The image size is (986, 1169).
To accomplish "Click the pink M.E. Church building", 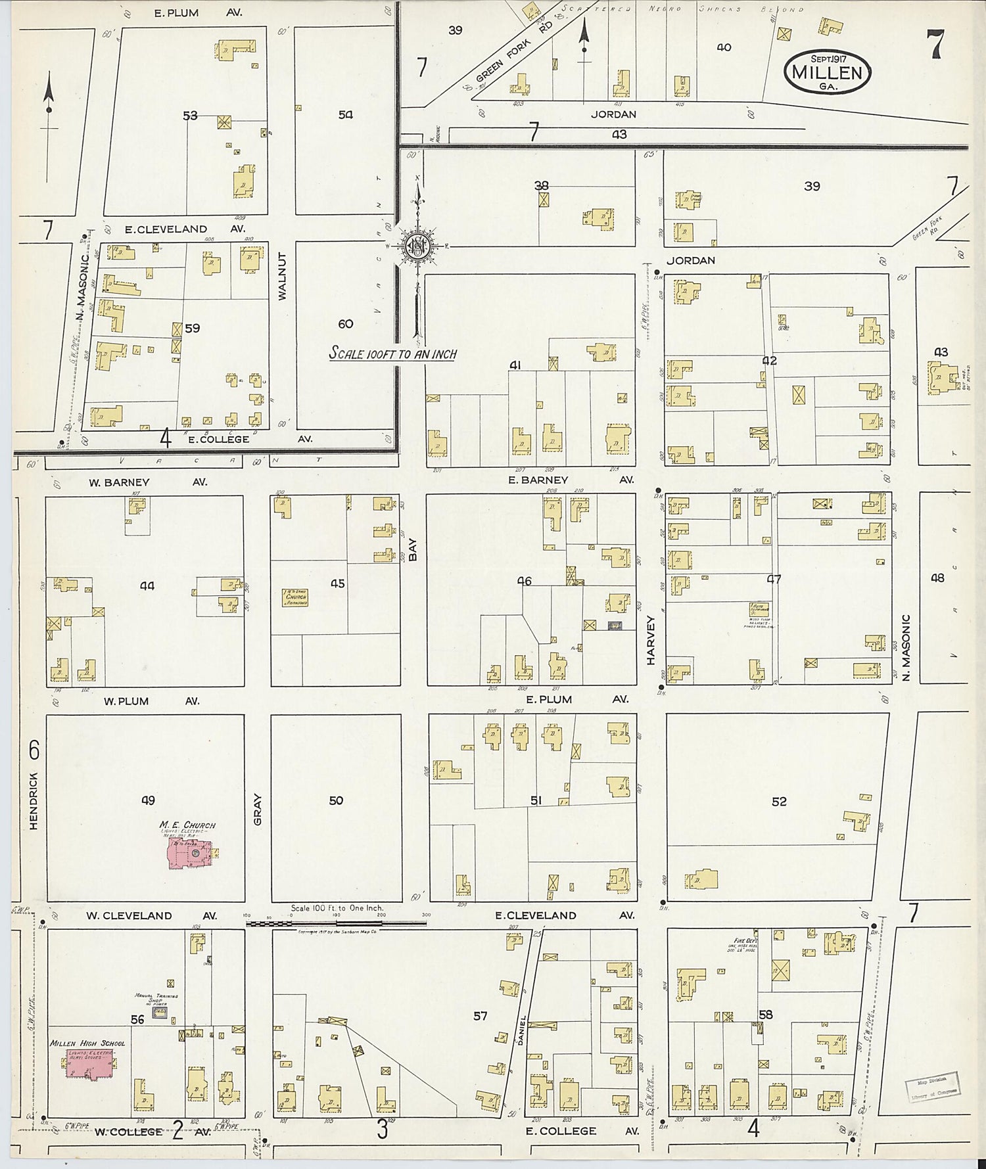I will [191, 852].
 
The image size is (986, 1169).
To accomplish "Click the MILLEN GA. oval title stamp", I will [827, 71].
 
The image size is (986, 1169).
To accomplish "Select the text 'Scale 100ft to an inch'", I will [392, 354].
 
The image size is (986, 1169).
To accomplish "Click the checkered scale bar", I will [336, 923].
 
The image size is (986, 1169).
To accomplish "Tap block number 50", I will [336, 800].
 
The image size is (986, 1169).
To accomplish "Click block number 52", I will [779, 802].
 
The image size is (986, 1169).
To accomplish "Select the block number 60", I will [346, 323].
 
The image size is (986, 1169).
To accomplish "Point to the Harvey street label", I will [651, 639].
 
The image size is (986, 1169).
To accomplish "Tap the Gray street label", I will [257, 810].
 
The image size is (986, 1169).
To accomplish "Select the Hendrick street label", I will [34, 799].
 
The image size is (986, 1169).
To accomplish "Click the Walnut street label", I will [283, 277].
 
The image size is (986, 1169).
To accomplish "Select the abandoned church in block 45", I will [295, 597].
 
